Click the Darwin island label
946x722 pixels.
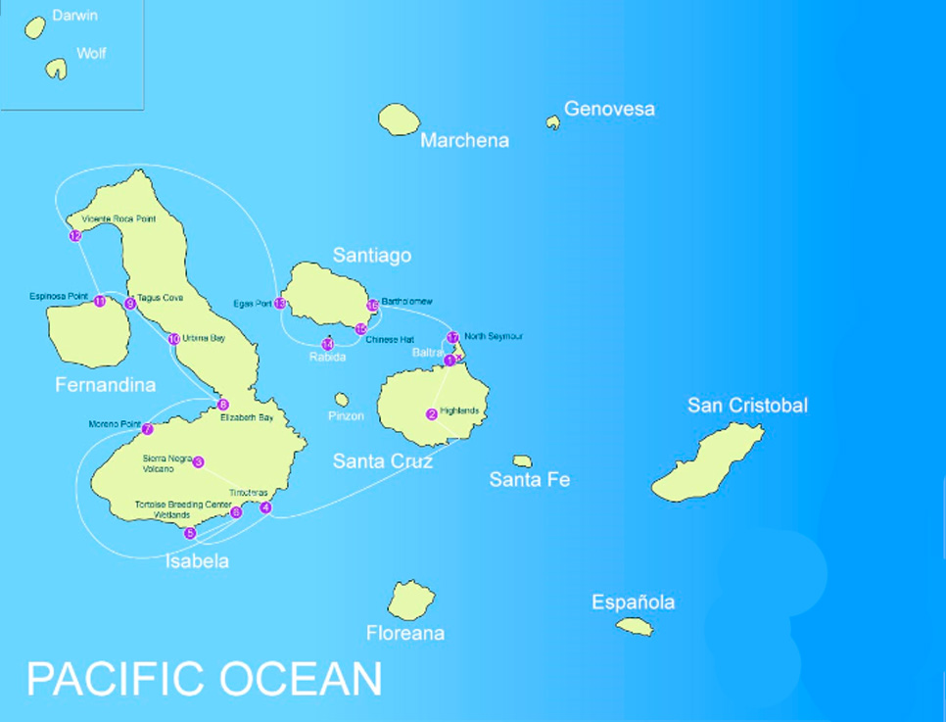(75, 17)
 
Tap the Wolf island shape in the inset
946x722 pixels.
(56, 69)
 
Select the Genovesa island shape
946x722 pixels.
(553, 122)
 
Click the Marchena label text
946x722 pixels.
(464, 141)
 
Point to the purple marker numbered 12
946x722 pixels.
(75, 236)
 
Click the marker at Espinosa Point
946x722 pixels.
(100, 302)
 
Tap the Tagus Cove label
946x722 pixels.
(160, 297)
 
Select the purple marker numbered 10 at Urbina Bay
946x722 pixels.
(173, 340)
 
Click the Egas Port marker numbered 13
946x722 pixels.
(280, 304)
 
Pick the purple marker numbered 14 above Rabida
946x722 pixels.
(327, 344)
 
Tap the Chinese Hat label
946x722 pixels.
(383, 339)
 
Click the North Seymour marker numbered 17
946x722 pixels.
(452, 338)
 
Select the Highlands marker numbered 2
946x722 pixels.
(432, 414)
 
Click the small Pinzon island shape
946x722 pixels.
(341, 400)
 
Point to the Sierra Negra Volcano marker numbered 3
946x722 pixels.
(198, 462)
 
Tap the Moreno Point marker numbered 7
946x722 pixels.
(148, 429)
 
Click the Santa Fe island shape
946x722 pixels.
(523, 461)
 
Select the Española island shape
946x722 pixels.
(635, 626)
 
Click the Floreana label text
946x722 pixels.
(405, 634)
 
